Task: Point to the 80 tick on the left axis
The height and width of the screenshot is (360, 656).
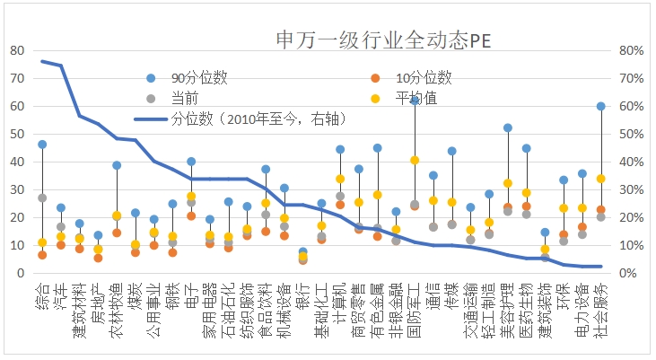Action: pos(17,51)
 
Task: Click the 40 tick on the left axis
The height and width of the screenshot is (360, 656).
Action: pos(17,162)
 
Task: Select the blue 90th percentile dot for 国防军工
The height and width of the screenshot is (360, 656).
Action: pos(415,101)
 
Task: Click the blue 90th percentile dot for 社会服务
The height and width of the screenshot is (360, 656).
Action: pos(600,106)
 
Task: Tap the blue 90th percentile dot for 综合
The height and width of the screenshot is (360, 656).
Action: pos(42,144)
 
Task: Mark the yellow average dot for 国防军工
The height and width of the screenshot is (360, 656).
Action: pos(415,160)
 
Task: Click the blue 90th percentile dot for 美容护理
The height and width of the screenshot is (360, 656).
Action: pos(508,127)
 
